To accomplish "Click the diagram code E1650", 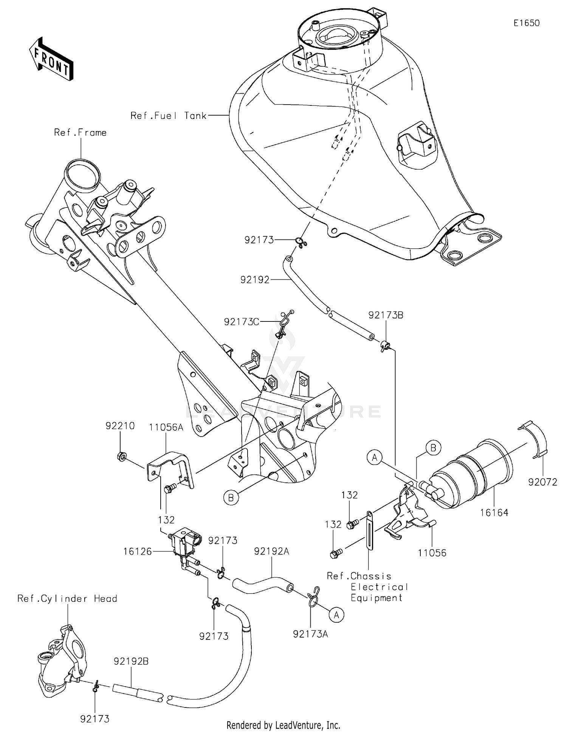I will click(x=526, y=23).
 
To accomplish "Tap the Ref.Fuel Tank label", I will click(x=168, y=116).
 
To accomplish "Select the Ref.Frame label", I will click(x=80, y=133).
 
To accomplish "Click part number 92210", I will click(x=120, y=426).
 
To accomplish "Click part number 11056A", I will click(x=166, y=427).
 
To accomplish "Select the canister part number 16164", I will click(x=494, y=513).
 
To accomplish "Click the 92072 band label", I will click(x=542, y=482).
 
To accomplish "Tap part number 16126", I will click(x=137, y=551).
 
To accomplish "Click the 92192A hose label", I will click(x=271, y=551).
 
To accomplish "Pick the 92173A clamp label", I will click(x=310, y=634).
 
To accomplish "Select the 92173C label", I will click(x=242, y=322).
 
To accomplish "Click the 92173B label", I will click(x=386, y=315).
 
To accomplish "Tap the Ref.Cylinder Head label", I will click(x=67, y=599).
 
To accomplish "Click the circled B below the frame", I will click(x=231, y=498).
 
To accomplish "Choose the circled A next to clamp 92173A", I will click(x=336, y=615).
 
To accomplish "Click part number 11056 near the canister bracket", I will click(x=432, y=553).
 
